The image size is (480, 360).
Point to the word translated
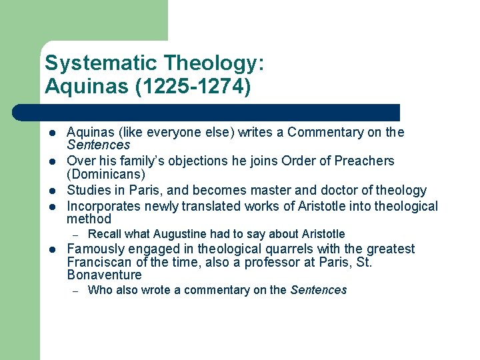[x=224, y=207]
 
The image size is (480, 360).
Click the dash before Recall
[x=76, y=235]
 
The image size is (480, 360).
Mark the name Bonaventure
[x=105, y=275]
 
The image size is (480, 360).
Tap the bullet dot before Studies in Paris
[x=52, y=191]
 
